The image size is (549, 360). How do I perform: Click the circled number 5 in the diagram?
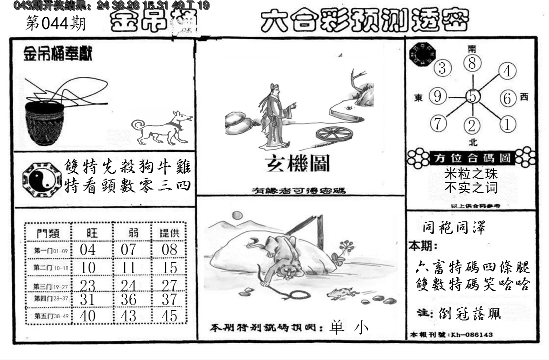(x=473, y=97)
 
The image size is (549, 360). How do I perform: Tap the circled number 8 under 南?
(x=472, y=63)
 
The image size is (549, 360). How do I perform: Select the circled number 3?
(x=442, y=69)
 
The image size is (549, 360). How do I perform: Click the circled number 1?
(x=507, y=124)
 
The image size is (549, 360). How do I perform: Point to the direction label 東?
(x=419, y=97)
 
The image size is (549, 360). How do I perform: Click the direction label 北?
(x=473, y=142)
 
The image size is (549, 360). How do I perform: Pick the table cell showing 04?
(x=87, y=250)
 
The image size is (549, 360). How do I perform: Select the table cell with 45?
(x=169, y=316)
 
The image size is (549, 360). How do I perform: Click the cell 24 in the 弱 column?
(x=128, y=285)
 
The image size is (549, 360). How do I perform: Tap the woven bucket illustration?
(x=44, y=123)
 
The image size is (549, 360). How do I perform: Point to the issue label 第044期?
(x=55, y=24)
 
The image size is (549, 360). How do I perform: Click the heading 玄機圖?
(x=298, y=163)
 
